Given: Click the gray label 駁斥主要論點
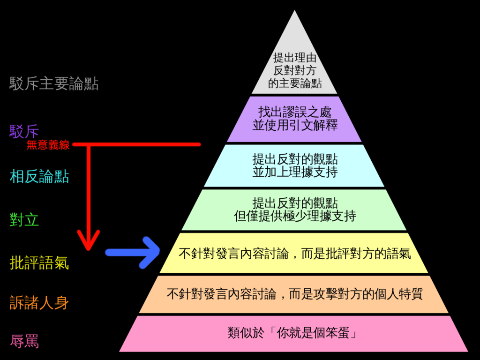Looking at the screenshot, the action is click(x=54, y=83).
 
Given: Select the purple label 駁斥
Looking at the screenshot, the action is click(x=24, y=132).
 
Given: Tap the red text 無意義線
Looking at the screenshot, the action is click(x=48, y=145).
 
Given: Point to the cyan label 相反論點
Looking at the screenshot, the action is click(x=39, y=177).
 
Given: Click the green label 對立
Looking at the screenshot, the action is click(x=24, y=219).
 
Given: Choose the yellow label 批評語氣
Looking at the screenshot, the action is click(x=39, y=262).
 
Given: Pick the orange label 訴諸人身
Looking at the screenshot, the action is click(x=39, y=302).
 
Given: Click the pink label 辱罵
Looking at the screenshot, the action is click(x=24, y=341).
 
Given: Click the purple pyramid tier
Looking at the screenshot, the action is click(x=294, y=119).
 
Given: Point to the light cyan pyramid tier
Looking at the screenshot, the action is click(x=294, y=165).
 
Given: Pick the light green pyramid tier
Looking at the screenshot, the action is click(x=294, y=210).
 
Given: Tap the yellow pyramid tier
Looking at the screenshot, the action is click(x=294, y=253).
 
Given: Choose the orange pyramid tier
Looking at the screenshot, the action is click(x=294, y=294).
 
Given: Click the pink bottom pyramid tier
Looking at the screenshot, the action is click(x=294, y=334).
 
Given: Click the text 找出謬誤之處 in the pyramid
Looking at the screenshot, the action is click(x=295, y=112).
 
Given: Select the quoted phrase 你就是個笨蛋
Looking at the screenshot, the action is click(x=313, y=333).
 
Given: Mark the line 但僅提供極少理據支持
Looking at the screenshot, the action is click(x=295, y=216).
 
